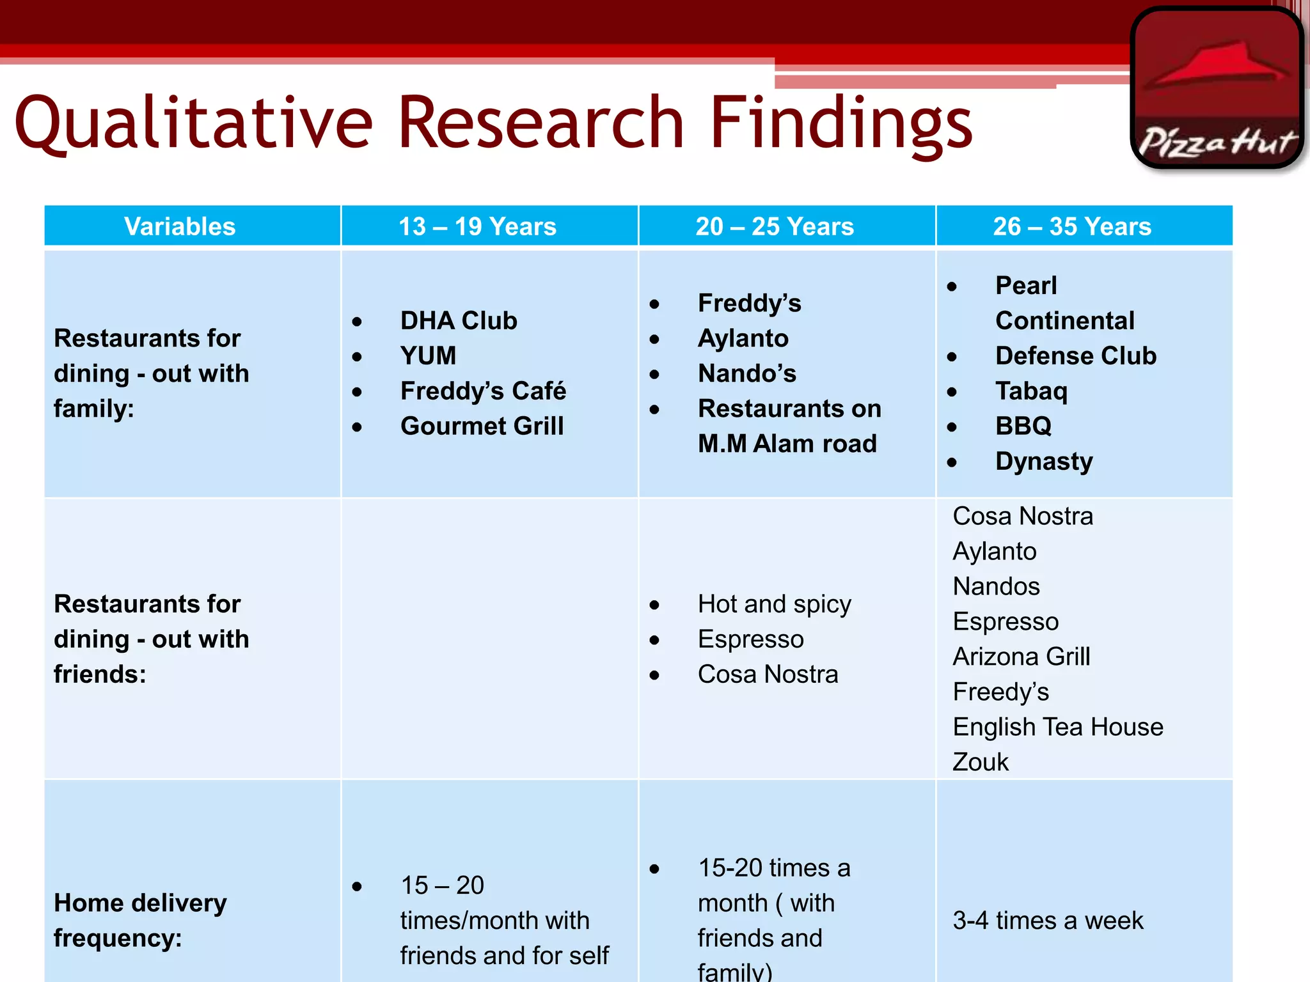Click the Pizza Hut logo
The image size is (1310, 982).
click(1217, 88)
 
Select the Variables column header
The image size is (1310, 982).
click(180, 226)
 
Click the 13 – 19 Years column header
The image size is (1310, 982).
click(477, 226)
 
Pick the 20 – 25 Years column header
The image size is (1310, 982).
click(775, 226)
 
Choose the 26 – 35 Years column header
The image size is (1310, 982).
click(1072, 226)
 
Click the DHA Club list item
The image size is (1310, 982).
click(459, 320)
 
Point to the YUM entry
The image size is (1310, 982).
click(428, 355)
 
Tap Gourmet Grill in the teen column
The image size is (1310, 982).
click(482, 426)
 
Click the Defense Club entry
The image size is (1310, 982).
click(1076, 355)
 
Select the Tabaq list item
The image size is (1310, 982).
click(1031, 391)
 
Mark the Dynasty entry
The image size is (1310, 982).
click(1044, 461)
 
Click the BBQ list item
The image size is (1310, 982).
click(1023, 426)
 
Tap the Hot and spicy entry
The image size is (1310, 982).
click(774, 604)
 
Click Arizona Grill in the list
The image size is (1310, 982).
click(1021, 657)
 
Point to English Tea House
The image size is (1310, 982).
click(1057, 727)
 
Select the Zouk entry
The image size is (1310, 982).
click(980, 762)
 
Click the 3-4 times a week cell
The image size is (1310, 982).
click(1048, 921)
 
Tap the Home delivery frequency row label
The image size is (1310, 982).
click(140, 921)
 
